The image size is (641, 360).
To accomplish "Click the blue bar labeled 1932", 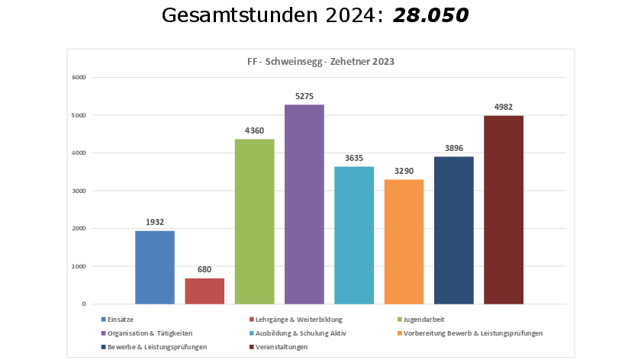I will pos(155,267).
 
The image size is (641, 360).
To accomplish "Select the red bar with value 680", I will pos(205,291).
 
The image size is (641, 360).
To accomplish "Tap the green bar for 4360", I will pos(254,221).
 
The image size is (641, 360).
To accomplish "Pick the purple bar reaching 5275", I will pos(304,204).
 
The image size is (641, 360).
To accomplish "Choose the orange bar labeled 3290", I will pos(404,241).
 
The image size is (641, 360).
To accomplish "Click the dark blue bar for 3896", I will pos(453,230).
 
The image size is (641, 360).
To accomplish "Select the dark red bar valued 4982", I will pos(504,209).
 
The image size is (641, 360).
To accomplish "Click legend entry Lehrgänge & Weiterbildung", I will pos(298,319).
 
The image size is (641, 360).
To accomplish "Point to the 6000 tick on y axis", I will pos(79,77).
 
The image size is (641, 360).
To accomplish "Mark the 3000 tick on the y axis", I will pos(79,191).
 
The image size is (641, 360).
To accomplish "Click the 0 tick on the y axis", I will pos(84,304).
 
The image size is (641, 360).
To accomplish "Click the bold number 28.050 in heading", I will pos(430,14).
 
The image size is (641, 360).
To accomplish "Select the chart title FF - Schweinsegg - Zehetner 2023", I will pos(320,62).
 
